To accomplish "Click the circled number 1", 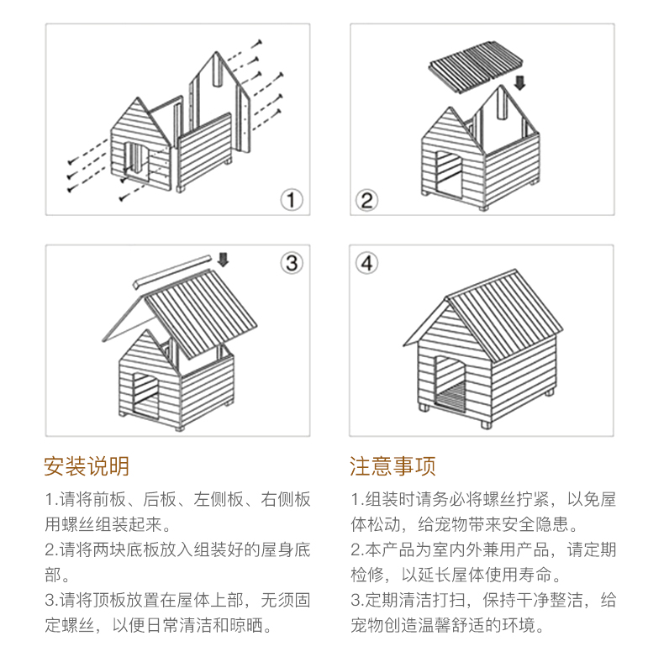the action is (x=291, y=199).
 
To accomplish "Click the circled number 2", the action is (x=366, y=200).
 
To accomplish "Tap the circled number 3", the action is (x=291, y=263).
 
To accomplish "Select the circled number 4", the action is (x=366, y=263).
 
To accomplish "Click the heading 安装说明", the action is (x=87, y=465).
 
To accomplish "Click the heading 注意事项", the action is (x=393, y=465).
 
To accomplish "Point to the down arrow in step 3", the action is (x=223, y=259).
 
